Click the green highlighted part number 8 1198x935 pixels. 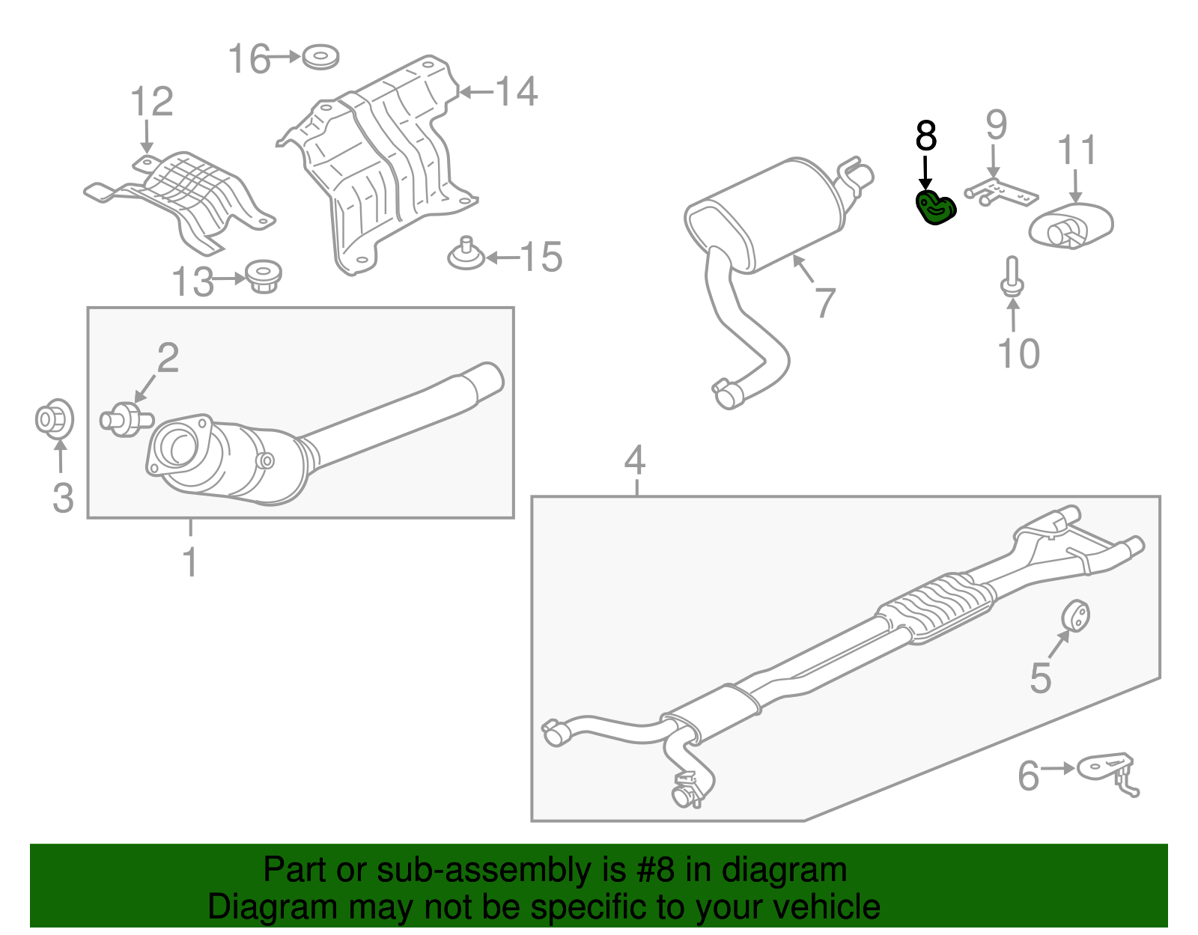pyautogui.click(x=936, y=207)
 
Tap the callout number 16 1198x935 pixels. pyautogui.click(x=249, y=58)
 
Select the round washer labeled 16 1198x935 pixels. pyautogui.click(x=321, y=58)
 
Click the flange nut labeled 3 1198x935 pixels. pyautogui.click(x=55, y=419)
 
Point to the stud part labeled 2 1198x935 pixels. pyautogui.click(x=127, y=420)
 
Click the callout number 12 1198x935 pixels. pyautogui.click(x=151, y=101)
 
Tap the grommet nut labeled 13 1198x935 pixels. pyautogui.click(x=264, y=276)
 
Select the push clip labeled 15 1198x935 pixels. pyautogui.click(x=466, y=254)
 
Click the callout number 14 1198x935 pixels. pyautogui.click(x=516, y=91)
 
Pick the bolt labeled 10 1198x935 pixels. pyautogui.click(x=1012, y=277)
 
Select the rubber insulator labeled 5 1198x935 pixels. pyautogui.click(x=1075, y=615)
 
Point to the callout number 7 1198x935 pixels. pyautogui.click(x=824, y=303)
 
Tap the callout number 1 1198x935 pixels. pyautogui.click(x=189, y=562)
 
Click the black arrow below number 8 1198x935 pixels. pyautogui.click(x=925, y=174)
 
